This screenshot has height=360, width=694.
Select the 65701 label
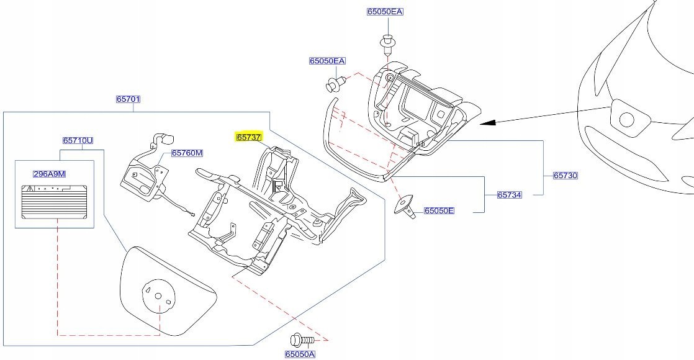[x=128, y=99]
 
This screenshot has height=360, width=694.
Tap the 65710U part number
[x=78, y=141]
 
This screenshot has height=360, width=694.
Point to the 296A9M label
[x=49, y=174]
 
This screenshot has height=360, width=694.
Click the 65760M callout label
[x=187, y=153]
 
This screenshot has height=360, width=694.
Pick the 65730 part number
[x=566, y=176]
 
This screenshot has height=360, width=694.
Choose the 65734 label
[x=509, y=195]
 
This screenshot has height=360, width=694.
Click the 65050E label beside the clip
[x=439, y=211]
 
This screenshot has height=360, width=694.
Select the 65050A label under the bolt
[x=300, y=354]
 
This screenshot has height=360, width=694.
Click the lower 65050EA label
[x=327, y=61]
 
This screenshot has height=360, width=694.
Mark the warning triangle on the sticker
[x=29, y=187]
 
